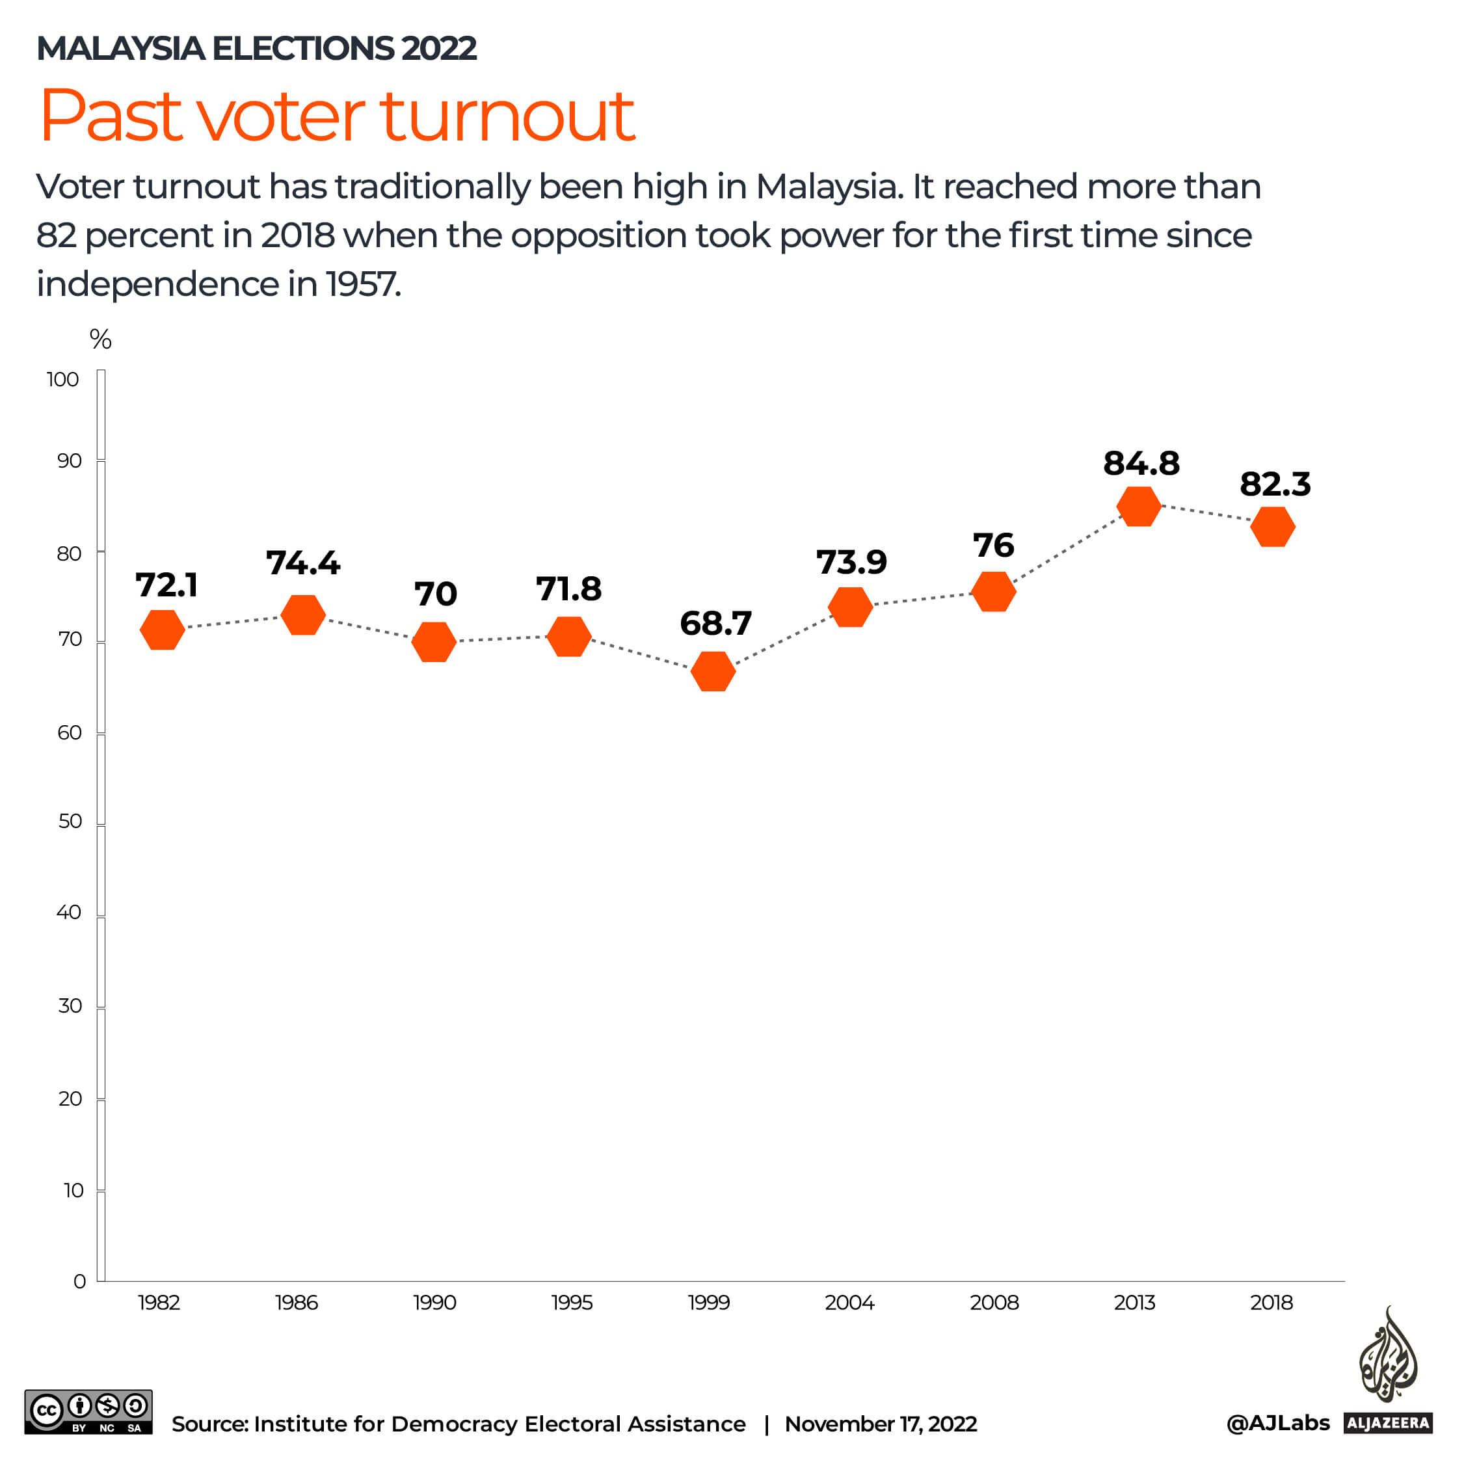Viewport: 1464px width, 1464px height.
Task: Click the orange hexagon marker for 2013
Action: (1138, 506)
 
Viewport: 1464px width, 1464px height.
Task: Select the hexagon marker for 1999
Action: (713, 671)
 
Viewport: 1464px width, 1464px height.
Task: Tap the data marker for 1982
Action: (162, 630)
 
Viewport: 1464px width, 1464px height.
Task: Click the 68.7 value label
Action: (715, 623)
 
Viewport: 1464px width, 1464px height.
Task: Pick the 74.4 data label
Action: (303, 563)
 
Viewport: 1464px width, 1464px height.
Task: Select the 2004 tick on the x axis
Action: (849, 1303)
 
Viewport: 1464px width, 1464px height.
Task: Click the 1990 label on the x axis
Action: (434, 1303)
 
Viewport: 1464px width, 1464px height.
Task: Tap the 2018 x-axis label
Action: (1271, 1303)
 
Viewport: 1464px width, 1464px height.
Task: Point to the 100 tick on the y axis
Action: (63, 379)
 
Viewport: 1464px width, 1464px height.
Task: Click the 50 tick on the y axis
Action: (70, 821)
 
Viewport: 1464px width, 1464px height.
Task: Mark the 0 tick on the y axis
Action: (79, 1281)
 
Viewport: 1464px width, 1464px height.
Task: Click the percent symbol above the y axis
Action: (101, 339)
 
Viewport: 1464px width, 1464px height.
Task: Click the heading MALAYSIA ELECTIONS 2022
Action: (256, 49)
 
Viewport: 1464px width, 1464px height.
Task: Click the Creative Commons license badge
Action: (88, 1411)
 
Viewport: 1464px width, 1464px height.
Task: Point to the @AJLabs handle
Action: (1277, 1422)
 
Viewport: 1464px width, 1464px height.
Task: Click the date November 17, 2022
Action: (881, 1424)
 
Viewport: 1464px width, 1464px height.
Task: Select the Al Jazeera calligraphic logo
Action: (1387, 1357)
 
